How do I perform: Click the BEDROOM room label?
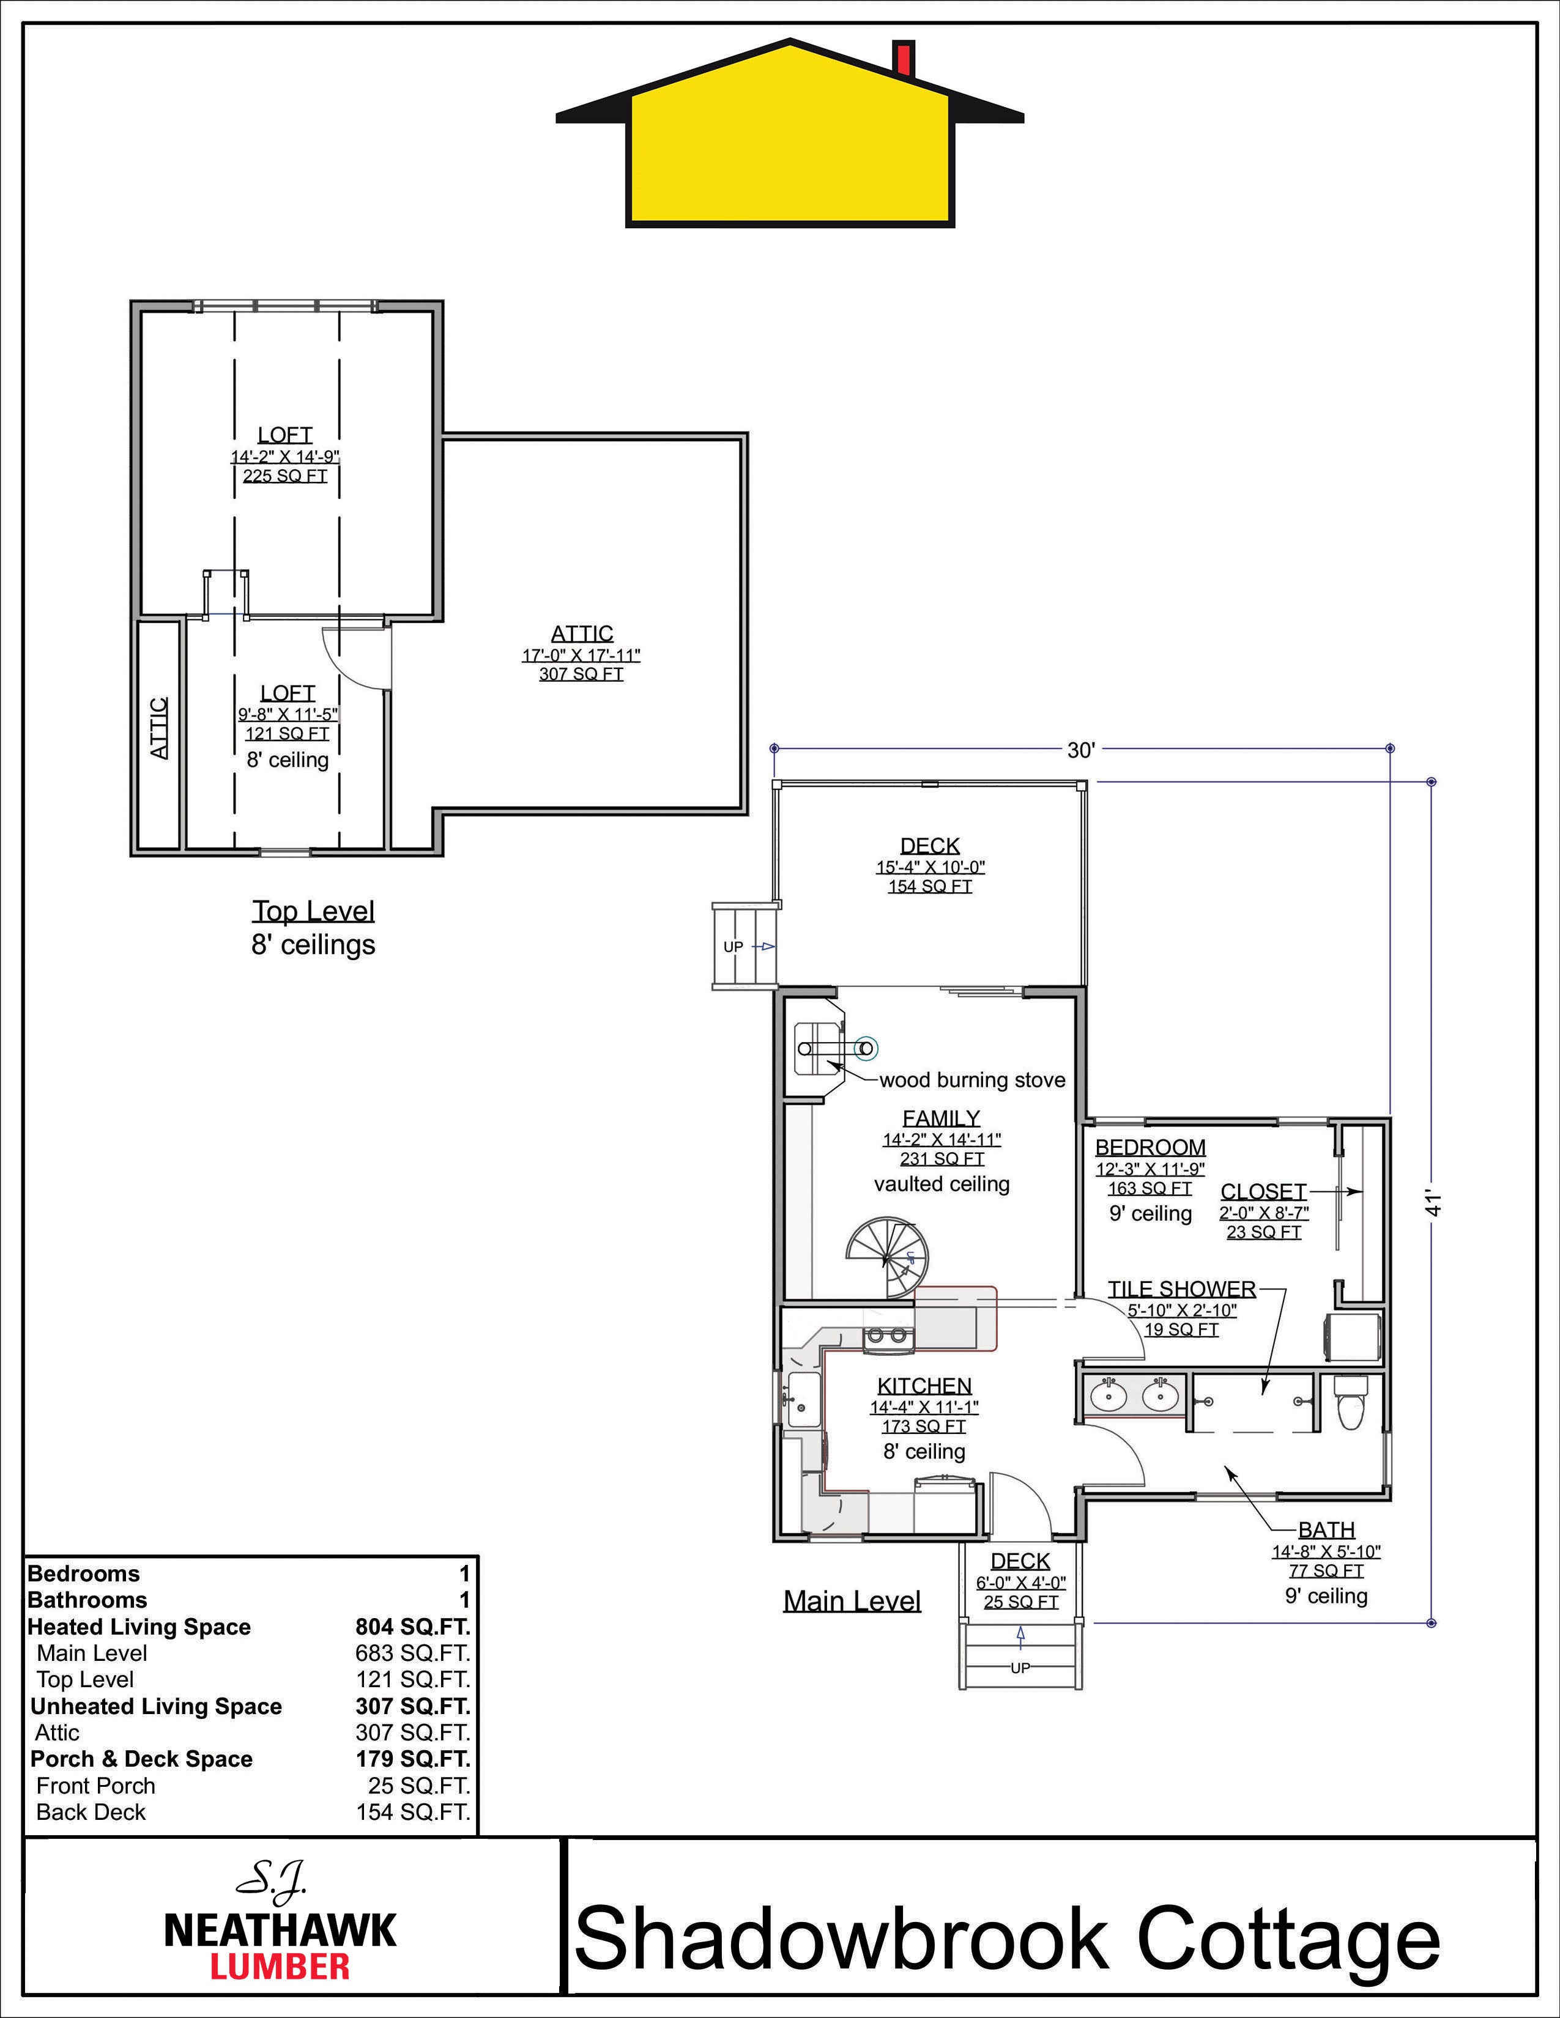tap(1151, 1148)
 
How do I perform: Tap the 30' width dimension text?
tap(1080, 750)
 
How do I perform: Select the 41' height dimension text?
tap(1433, 1204)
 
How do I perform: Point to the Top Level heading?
tap(313, 911)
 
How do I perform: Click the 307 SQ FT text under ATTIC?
tap(581, 675)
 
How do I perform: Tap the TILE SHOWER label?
tap(1182, 1289)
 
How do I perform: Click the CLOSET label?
tap(1263, 1192)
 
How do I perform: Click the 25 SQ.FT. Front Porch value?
tap(418, 1786)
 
